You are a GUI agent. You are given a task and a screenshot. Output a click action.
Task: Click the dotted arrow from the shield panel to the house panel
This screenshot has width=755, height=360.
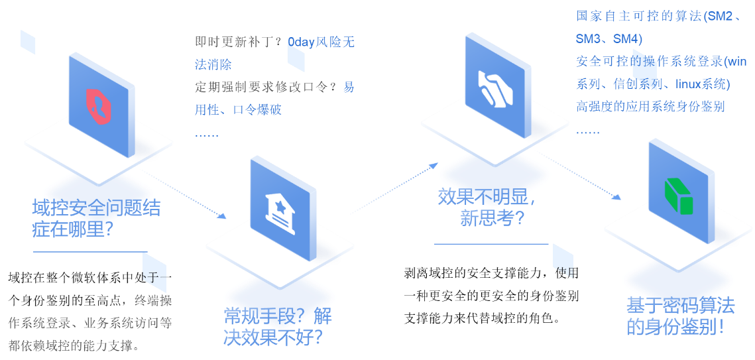pos(184,195)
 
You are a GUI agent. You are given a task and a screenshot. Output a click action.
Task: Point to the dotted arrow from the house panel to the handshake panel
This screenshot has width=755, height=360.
pos(392,188)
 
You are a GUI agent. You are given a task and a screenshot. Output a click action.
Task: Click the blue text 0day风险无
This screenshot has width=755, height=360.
pos(321,42)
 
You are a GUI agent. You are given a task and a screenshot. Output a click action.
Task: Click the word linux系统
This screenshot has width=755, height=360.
pos(703,84)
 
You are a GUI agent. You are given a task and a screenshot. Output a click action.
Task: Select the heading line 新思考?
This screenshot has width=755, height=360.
pos(492,218)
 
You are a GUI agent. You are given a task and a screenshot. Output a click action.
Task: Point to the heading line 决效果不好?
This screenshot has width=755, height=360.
pos(273,337)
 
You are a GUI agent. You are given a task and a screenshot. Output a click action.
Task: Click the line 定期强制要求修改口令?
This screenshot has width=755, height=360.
pos(266,87)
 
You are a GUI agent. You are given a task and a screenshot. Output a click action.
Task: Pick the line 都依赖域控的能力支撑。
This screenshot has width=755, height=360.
pos(74,345)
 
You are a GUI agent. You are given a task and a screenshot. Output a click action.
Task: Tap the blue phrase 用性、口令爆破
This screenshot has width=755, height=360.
pos(239,109)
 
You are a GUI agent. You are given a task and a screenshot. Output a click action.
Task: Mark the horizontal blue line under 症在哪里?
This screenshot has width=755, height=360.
pos(90,252)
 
